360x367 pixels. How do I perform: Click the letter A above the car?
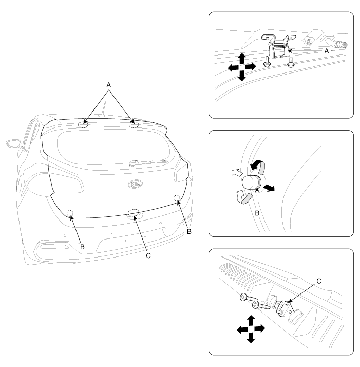click(x=108, y=85)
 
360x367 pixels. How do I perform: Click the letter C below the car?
click(x=148, y=256)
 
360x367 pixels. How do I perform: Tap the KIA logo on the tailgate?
click(x=135, y=184)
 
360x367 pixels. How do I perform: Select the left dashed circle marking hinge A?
click(x=83, y=125)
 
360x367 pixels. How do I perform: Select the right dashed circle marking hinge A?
click(x=134, y=124)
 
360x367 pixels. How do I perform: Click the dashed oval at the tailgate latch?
click(x=134, y=212)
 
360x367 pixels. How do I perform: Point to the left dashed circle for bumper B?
click(x=70, y=213)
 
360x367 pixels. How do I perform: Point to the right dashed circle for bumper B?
click(x=177, y=198)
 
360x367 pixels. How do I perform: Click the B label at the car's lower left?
click(x=82, y=247)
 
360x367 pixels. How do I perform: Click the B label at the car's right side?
click(x=189, y=231)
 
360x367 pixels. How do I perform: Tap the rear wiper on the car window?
click(x=148, y=162)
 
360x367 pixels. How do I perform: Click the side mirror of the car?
click(x=13, y=143)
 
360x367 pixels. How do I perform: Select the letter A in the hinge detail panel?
click(x=327, y=51)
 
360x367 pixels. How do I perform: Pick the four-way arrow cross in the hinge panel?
click(x=242, y=67)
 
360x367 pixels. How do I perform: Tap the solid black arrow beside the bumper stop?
click(x=269, y=188)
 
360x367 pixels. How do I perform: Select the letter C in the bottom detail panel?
click(x=319, y=281)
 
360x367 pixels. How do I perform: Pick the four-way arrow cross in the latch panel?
click(x=251, y=329)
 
